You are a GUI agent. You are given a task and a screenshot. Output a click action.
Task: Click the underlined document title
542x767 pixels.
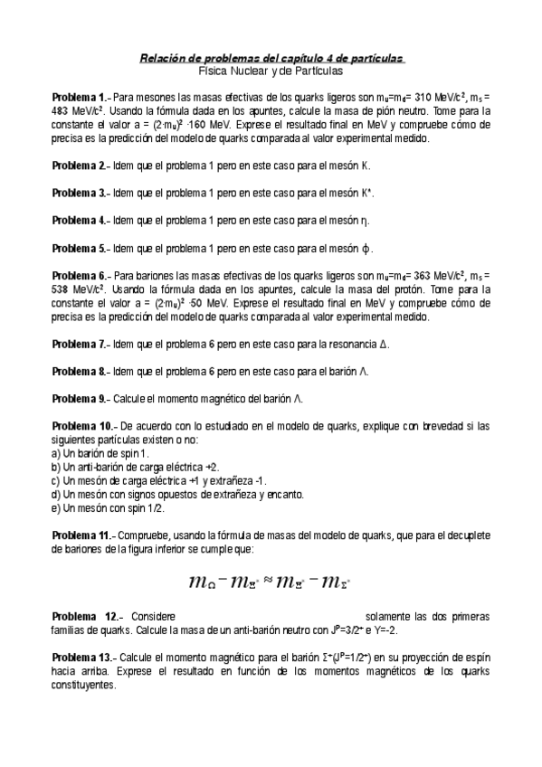[271, 58]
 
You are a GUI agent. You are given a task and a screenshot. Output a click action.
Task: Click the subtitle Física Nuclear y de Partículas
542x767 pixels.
[271, 70]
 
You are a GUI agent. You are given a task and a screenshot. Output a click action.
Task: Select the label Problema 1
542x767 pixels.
[79, 97]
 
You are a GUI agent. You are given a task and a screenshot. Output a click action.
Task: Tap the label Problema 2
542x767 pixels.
[79, 166]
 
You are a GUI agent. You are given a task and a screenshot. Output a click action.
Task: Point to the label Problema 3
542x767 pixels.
[79, 193]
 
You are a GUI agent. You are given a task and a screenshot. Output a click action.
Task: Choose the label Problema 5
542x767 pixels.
[79, 248]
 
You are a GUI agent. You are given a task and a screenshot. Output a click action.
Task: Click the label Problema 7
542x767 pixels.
[79, 345]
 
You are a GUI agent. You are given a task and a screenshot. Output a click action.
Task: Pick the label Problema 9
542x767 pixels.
[79, 398]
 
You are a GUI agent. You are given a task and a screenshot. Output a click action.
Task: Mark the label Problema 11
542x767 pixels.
[81, 535]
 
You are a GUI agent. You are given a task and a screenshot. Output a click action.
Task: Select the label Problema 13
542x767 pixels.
[81, 657]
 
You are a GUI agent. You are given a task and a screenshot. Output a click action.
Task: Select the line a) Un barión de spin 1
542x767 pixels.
[100, 453]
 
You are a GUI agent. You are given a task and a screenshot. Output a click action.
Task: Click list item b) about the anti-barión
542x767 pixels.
[135, 467]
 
